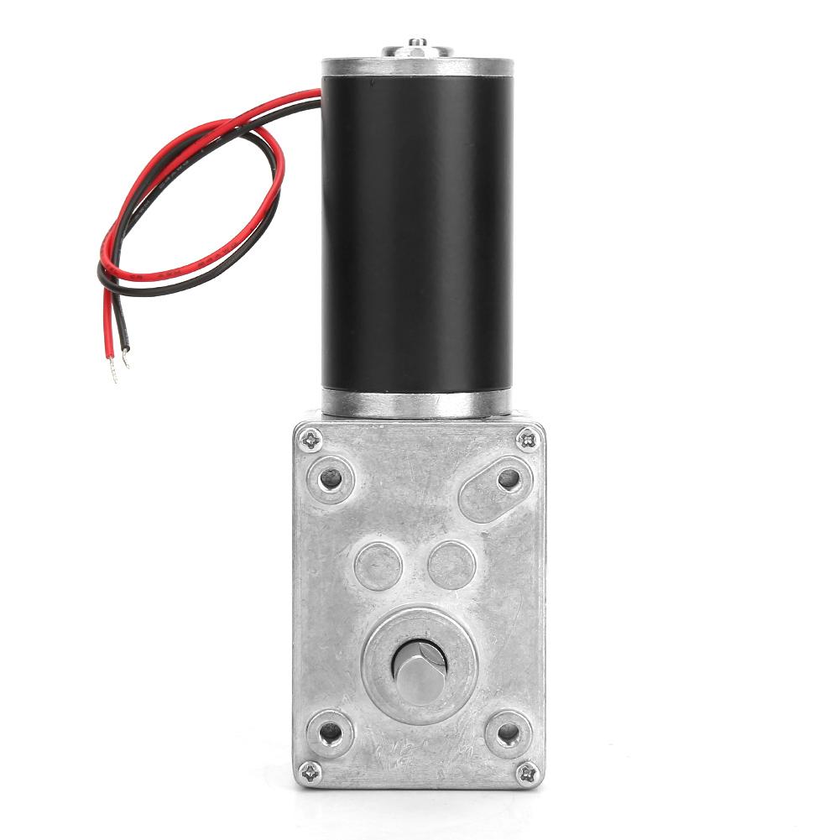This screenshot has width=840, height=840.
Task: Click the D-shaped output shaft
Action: [x=419, y=668]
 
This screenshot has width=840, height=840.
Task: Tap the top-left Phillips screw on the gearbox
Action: [x=310, y=437]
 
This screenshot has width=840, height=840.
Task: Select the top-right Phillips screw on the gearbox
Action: [x=528, y=437]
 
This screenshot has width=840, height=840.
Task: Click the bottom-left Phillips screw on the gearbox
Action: [x=310, y=772]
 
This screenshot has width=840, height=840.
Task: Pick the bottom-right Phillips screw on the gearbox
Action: [x=527, y=772]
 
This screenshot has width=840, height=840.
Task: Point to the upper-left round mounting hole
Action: [x=331, y=479]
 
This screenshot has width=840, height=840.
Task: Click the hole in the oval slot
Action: [x=509, y=479]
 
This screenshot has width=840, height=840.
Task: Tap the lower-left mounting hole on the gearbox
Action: [x=331, y=733]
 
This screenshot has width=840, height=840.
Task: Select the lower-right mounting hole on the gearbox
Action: [x=508, y=733]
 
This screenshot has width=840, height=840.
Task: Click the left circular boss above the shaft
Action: [x=378, y=565]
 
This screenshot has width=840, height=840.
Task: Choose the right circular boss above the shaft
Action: [x=451, y=565]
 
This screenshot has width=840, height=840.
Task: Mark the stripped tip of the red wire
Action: [x=112, y=370]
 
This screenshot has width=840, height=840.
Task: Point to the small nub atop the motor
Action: [x=417, y=43]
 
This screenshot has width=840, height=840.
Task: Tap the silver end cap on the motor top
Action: [x=417, y=65]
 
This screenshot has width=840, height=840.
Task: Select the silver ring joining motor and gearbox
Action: [x=417, y=403]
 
